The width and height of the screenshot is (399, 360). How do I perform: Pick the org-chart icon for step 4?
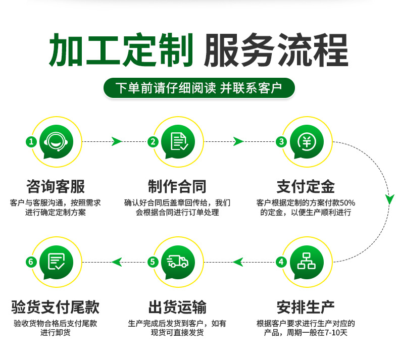tap(306, 261)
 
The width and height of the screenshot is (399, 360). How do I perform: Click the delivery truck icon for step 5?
tap(178, 261)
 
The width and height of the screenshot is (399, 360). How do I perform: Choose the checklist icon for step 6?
tap(57, 261)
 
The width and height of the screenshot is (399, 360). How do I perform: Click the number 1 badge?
tap(31, 142)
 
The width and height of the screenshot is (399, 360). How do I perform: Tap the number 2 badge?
tap(153, 142)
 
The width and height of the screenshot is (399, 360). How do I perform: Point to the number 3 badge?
tap(281, 142)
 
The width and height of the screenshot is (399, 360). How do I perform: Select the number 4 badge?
tap(281, 262)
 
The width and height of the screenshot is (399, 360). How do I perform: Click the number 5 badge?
tap(153, 262)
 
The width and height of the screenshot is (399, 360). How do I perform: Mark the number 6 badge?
tap(31, 262)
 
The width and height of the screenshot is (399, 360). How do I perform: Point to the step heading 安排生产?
tap(306, 306)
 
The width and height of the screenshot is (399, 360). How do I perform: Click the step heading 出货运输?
tap(177, 306)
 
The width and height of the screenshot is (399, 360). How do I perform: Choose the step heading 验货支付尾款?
tap(56, 306)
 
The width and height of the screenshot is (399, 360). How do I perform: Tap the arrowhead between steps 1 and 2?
tap(117, 141)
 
